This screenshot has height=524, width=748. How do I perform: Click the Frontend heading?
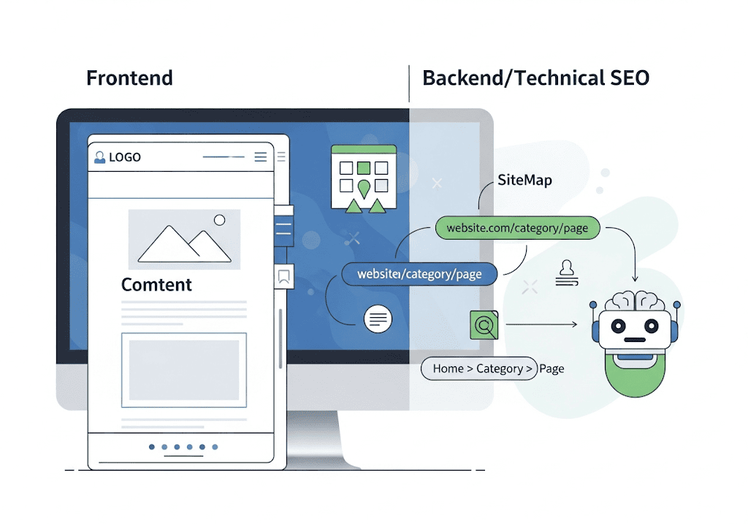(x=129, y=77)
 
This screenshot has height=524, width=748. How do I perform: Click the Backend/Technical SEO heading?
(x=535, y=77)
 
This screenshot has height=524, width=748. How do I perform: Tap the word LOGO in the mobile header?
(x=124, y=157)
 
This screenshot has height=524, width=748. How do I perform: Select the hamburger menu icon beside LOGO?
(x=261, y=156)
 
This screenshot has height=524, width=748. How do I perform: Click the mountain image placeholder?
(x=184, y=240)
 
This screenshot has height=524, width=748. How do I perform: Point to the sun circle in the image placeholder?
(x=219, y=220)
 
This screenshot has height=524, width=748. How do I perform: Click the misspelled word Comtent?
(x=156, y=285)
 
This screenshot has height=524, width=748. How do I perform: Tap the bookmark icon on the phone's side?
(x=283, y=276)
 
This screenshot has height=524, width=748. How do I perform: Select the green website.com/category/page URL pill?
(x=517, y=228)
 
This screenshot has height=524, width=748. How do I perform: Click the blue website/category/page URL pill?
(x=419, y=274)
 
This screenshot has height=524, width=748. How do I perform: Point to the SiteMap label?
(x=524, y=180)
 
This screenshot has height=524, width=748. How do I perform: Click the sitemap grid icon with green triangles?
(x=363, y=178)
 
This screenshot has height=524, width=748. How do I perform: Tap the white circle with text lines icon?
(x=378, y=319)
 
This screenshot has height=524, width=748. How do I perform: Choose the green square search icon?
(x=484, y=323)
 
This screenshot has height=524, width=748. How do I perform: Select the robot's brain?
(x=634, y=300)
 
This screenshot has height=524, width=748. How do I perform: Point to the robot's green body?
(x=636, y=373)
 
